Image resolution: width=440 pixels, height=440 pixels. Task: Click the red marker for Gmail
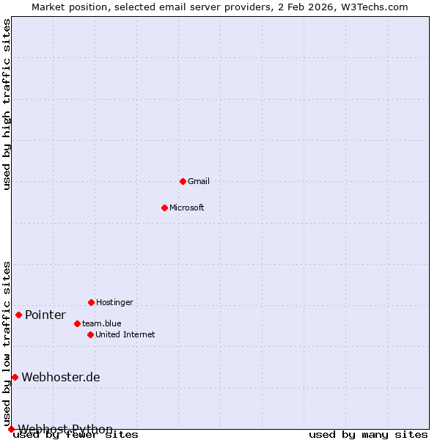pyautogui.click(x=183, y=181)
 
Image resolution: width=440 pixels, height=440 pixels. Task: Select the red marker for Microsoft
pyautogui.click(x=164, y=208)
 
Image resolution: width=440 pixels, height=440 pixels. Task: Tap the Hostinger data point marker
pyautogui.click(x=91, y=302)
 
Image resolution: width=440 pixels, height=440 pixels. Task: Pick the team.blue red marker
pyautogui.click(x=77, y=323)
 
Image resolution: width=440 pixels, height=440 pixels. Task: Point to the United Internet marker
pyautogui.click(x=90, y=334)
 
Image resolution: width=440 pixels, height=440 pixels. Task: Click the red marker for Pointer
pyautogui.click(x=18, y=315)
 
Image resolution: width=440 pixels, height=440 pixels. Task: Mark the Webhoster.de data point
pyautogui.click(x=15, y=377)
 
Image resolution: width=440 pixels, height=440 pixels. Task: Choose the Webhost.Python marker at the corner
pyautogui.click(x=11, y=429)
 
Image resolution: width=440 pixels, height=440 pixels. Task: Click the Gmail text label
pyautogui.click(x=199, y=181)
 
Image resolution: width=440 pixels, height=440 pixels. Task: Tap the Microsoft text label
pyautogui.click(x=187, y=208)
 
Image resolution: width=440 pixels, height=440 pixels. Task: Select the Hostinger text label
pyautogui.click(x=115, y=302)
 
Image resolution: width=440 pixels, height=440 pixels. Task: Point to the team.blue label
pyautogui.click(x=102, y=323)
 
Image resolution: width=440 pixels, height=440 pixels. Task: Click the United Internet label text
pyautogui.click(x=125, y=334)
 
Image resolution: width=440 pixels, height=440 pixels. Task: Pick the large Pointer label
pyautogui.click(x=45, y=315)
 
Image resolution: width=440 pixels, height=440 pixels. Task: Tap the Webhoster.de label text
pyautogui.click(x=61, y=378)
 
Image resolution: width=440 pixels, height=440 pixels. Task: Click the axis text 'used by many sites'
pyautogui.click(x=368, y=435)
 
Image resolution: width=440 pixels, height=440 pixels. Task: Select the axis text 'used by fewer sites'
pyautogui.click(x=76, y=435)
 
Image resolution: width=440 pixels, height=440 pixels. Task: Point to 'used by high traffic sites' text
pyautogui.click(x=7, y=104)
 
